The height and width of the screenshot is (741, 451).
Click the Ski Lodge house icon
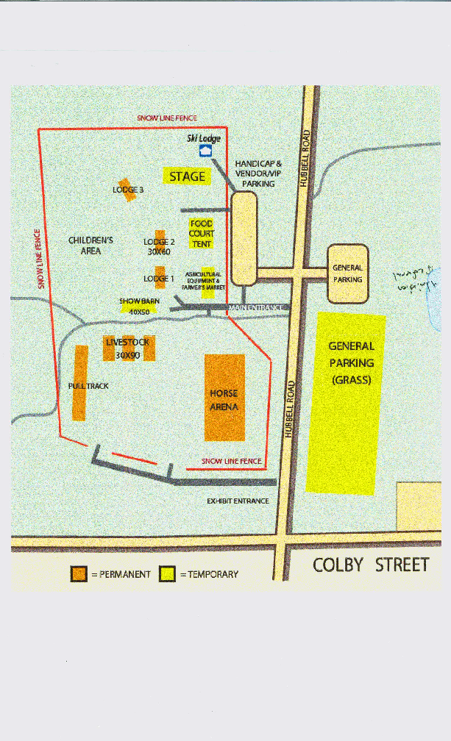point(207,150)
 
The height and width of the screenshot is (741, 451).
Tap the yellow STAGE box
point(187,176)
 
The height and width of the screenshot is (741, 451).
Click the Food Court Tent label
point(202,233)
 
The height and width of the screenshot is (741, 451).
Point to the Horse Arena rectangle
point(224,398)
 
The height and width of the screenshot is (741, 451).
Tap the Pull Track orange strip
point(79,382)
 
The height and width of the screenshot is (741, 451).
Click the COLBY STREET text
point(371,565)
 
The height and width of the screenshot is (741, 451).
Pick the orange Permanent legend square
point(79,574)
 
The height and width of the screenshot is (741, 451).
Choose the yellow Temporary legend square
point(168,574)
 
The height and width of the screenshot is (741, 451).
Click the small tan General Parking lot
point(347,273)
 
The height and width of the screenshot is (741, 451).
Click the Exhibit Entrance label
point(238,501)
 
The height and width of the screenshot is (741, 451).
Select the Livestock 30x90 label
point(128,348)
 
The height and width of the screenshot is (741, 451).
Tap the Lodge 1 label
point(158,279)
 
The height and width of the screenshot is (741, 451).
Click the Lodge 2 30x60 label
point(159,246)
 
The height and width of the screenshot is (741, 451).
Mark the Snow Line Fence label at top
point(167,118)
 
